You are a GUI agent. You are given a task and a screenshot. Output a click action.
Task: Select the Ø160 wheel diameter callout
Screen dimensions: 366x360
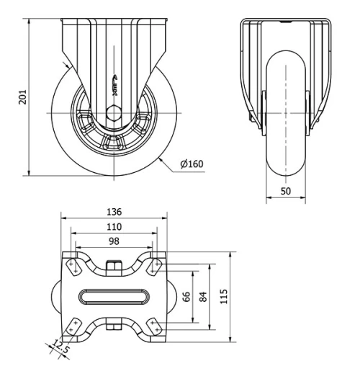(192, 164)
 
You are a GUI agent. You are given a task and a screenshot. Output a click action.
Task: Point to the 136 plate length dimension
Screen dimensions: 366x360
(113, 212)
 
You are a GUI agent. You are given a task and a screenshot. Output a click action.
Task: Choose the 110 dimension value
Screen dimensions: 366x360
(113, 226)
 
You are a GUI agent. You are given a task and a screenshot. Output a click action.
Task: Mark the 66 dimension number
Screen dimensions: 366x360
(186, 296)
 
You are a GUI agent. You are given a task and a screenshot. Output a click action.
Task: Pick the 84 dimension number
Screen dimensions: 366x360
(204, 296)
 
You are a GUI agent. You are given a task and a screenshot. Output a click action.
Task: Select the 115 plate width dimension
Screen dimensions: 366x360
(225, 296)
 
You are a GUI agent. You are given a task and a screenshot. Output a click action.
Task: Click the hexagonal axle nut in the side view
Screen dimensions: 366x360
(113, 112)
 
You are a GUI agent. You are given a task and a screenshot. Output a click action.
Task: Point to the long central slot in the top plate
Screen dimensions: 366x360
(113, 296)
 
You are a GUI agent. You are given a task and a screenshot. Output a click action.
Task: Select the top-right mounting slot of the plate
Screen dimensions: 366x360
(153, 267)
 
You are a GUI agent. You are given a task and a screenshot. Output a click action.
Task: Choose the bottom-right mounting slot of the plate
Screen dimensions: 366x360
(153, 327)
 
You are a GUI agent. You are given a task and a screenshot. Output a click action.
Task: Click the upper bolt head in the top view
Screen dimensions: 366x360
(113, 267)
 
